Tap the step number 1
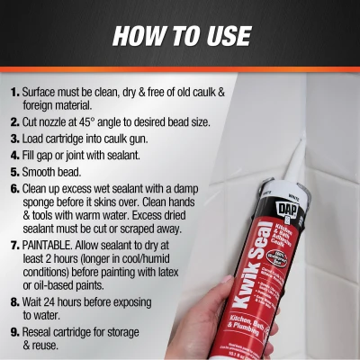(15, 92)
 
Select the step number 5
(15, 170)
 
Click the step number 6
(15, 189)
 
